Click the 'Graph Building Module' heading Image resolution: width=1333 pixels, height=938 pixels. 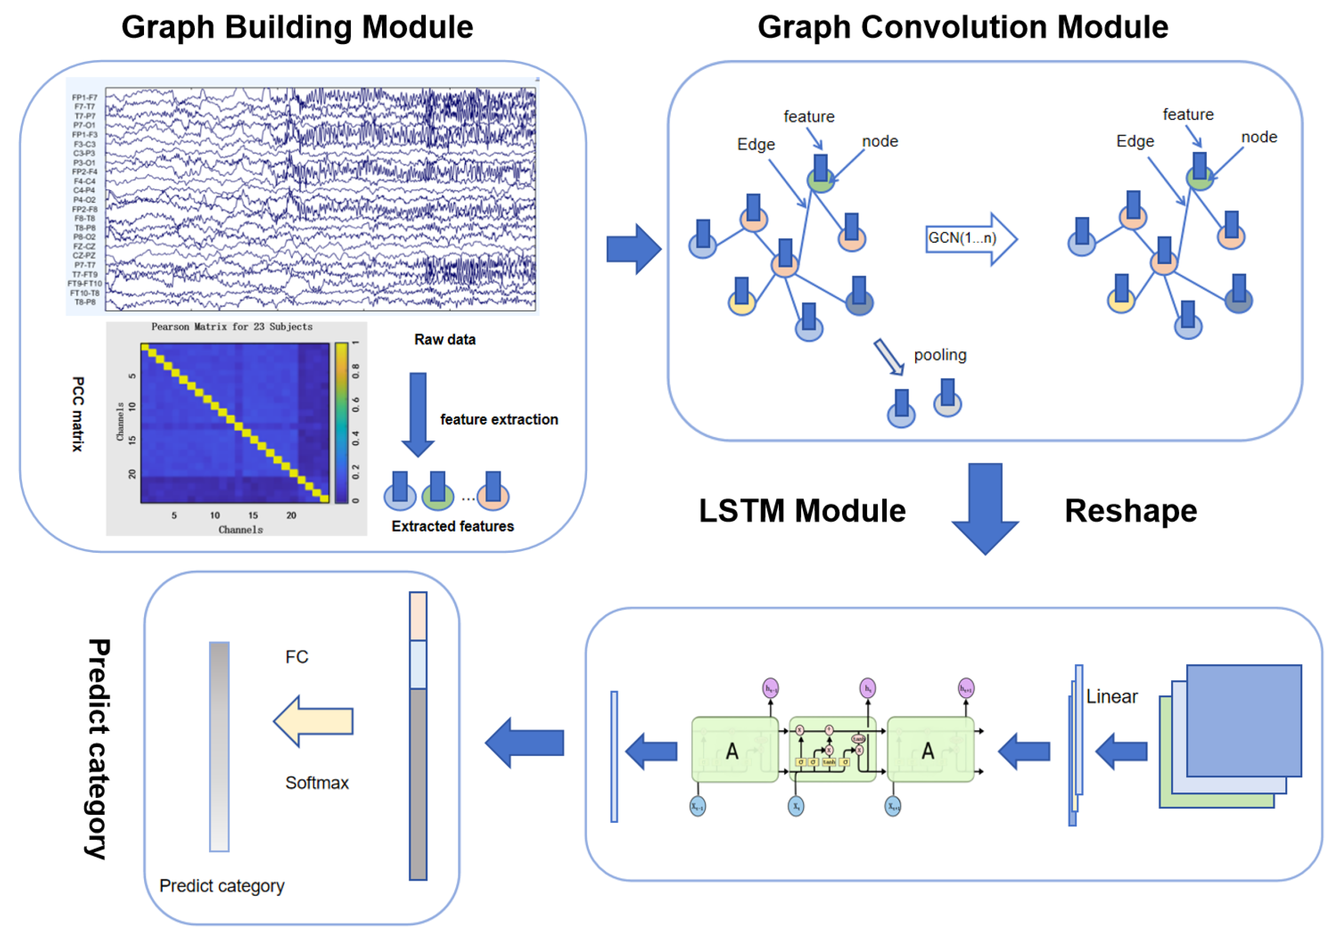point(297,27)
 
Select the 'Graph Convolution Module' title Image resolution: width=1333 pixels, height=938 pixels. point(962,27)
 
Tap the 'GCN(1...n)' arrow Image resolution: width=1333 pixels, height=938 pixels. point(970,238)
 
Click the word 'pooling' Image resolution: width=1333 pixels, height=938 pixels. point(940,355)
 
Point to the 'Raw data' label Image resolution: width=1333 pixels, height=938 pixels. point(445,340)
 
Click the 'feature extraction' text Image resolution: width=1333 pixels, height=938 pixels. point(499,419)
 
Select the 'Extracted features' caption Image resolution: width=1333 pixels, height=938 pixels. point(452,526)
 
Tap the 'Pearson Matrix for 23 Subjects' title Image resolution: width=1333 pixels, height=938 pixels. point(232,327)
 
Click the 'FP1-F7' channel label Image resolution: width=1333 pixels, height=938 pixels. point(85,98)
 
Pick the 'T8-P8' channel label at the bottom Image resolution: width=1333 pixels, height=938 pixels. point(85,302)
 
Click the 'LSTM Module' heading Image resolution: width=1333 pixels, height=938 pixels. point(802,511)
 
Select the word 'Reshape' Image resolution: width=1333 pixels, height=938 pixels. point(1130,511)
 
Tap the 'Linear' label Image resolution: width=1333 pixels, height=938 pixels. point(1111,696)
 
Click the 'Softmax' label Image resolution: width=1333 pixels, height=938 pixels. point(317,783)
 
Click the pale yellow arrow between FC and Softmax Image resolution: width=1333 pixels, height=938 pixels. point(313,721)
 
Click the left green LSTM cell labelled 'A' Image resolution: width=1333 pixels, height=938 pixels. point(734,750)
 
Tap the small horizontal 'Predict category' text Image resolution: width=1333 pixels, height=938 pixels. point(222,886)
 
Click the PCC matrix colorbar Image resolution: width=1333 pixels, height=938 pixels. point(341,422)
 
